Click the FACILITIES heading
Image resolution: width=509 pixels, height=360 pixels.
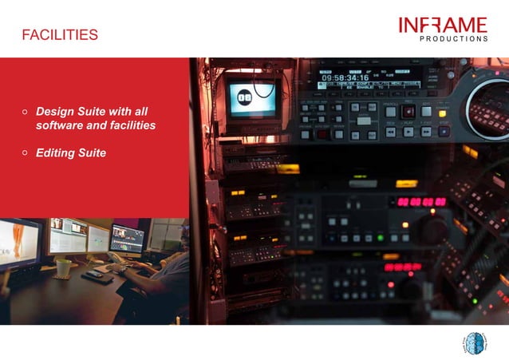pyautogui.click(x=60, y=35)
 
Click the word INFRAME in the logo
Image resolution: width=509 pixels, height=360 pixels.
pyautogui.click(x=443, y=25)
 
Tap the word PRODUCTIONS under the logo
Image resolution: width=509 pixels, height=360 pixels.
pyautogui.click(x=453, y=38)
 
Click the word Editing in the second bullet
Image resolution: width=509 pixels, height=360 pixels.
pyautogui.click(x=55, y=152)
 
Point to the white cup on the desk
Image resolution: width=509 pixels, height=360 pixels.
pyautogui.click(x=64, y=267)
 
